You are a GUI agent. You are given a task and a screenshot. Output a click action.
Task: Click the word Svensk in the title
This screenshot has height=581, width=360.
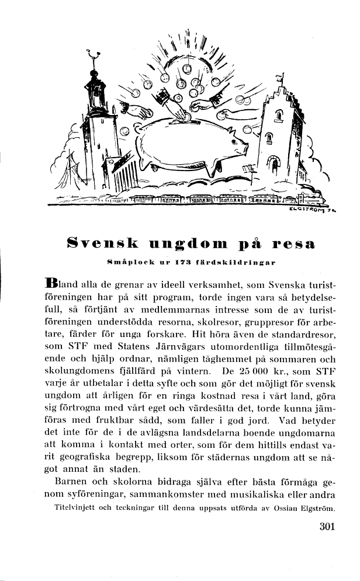pos(101,241)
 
